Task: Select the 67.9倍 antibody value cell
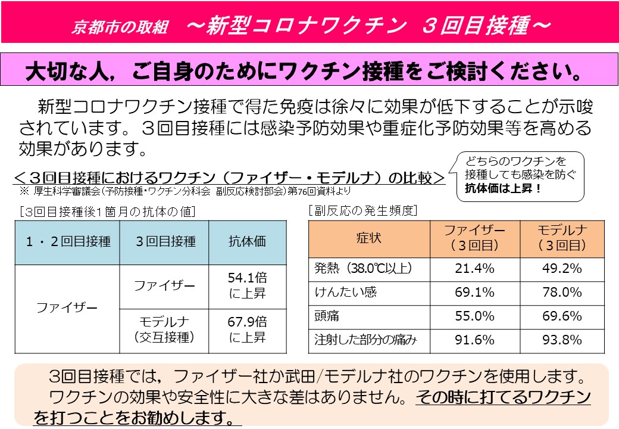coord(247,329)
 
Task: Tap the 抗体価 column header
coord(247,241)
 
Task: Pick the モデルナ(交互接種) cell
coord(164,329)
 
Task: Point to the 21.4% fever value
coord(474,268)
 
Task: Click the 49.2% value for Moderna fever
coord(561,268)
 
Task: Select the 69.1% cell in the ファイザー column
coord(474,292)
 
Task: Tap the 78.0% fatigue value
coord(561,292)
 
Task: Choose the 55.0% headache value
coord(474,316)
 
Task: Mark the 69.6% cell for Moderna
coord(561,316)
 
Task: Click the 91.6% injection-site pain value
coord(474,340)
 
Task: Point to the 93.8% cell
coord(561,340)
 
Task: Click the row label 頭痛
coord(327,316)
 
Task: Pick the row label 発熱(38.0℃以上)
coord(363,268)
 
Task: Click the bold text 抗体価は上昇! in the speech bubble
coord(504,188)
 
